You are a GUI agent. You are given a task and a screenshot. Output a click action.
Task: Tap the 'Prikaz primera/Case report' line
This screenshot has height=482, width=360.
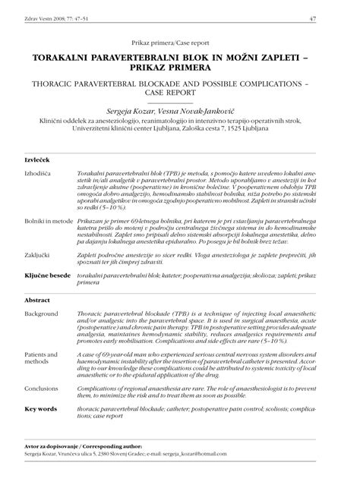pos(180,43)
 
